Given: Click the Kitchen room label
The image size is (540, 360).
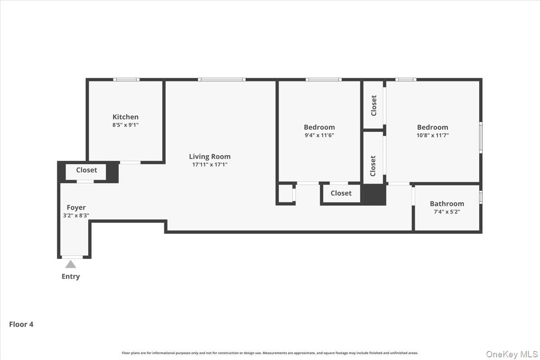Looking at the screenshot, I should click(125, 117).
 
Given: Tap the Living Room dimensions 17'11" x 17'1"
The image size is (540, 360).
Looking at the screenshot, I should click(209, 165).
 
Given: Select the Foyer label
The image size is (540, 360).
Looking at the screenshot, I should click(76, 207).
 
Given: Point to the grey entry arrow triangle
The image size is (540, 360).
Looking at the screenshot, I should click(71, 264).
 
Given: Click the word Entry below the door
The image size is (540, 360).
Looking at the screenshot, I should click(71, 276).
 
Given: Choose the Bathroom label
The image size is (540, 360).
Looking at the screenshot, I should click(446, 203).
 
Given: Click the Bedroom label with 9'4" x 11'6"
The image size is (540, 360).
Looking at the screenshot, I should click(319, 127).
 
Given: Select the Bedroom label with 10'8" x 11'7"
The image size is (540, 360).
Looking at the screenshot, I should click(432, 127).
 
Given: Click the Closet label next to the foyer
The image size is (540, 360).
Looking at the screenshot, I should click(86, 170).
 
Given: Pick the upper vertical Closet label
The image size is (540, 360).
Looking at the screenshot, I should click(373, 105).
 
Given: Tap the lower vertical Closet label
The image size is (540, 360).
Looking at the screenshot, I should click(373, 166).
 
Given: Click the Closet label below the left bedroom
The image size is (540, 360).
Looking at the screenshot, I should click(341, 193).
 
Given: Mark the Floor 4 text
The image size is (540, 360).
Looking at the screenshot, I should click(21, 324).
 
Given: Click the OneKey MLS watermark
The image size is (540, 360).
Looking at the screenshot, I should click(511, 354).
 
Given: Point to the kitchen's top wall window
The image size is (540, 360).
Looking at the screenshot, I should click(126, 80).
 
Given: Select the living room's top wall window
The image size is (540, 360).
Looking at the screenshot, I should click(221, 80).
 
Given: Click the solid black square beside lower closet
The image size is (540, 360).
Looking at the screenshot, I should click(374, 195).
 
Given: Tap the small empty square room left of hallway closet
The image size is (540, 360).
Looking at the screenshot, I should click(285, 194).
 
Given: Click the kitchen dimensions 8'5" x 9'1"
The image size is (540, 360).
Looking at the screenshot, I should click(125, 125).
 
